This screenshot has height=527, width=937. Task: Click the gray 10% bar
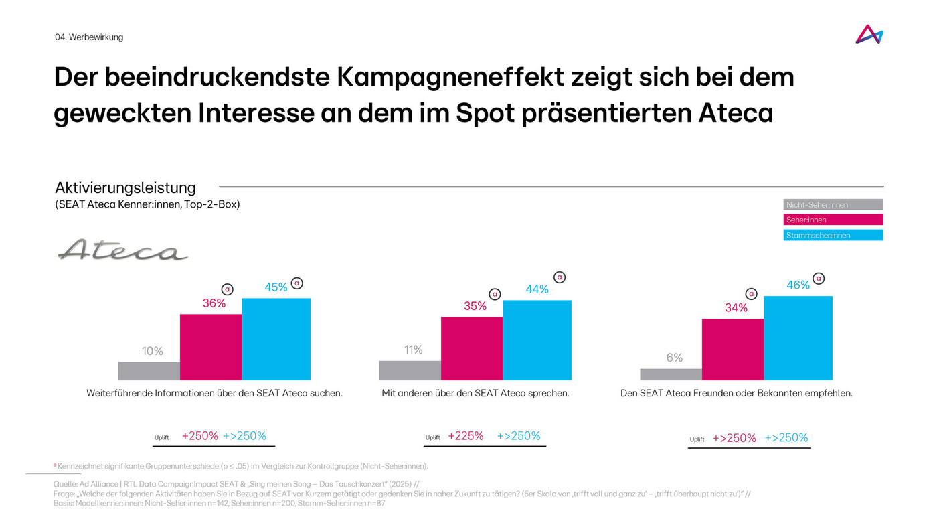pos(149,371)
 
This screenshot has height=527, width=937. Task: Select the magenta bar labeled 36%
pos(210,347)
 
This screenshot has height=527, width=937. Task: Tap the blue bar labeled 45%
pos(276,339)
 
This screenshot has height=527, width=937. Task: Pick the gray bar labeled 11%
pos(410,370)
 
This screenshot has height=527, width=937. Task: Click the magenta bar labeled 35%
pos(471,348)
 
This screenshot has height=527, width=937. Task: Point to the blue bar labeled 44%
pos(537,340)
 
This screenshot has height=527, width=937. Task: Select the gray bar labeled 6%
pos(671,374)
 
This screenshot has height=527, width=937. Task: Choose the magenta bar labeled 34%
pos(732,350)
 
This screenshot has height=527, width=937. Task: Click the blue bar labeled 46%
pos(798,338)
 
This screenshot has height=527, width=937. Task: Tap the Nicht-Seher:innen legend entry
pos(833,205)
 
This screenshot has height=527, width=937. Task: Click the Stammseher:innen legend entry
pos(833,235)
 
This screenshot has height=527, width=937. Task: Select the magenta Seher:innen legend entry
pos(833,220)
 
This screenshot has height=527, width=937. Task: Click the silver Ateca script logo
pos(123,250)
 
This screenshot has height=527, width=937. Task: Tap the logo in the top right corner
pos(869,35)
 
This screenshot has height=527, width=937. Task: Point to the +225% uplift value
pos(465,436)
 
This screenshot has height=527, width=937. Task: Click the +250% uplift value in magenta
pos(199,436)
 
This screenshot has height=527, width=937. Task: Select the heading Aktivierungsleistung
pos(125,187)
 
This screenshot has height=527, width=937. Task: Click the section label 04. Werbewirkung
pos(89,37)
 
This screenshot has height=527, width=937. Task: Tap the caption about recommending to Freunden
pos(736,393)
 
